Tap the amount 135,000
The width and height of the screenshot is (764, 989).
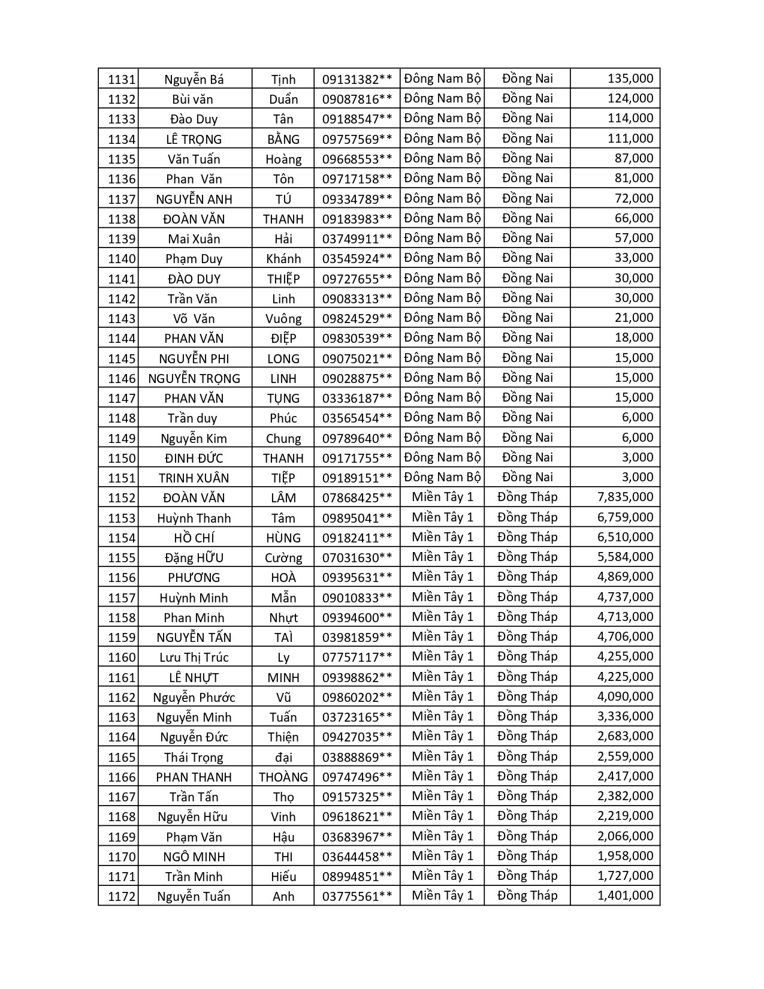(x=630, y=79)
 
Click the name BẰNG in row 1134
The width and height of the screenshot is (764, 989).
(x=283, y=139)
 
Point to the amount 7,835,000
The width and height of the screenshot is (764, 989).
(x=625, y=497)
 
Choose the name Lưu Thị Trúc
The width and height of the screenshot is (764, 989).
(x=194, y=657)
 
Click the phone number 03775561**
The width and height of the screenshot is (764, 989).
(x=357, y=896)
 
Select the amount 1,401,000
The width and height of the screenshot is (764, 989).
(x=625, y=895)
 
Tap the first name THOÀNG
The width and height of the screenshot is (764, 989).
(x=283, y=777)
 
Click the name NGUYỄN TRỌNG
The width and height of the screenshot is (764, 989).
(x=194, y=378)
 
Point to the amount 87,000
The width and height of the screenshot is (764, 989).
(x=633, y=158)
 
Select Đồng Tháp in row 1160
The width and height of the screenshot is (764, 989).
(x=527, y=656)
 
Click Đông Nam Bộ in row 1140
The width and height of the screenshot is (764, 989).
(x=442, y=258)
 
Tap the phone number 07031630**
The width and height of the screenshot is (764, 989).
(x=357, y=557)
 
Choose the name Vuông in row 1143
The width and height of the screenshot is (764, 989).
(x=283, y=318)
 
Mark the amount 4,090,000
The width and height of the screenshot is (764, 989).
(x=625, y=696)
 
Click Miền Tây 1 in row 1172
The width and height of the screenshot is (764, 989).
(x=442, y=895)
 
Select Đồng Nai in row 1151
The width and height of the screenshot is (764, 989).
(x=527, y=477)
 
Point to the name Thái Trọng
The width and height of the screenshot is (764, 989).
(x=194, y=757)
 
